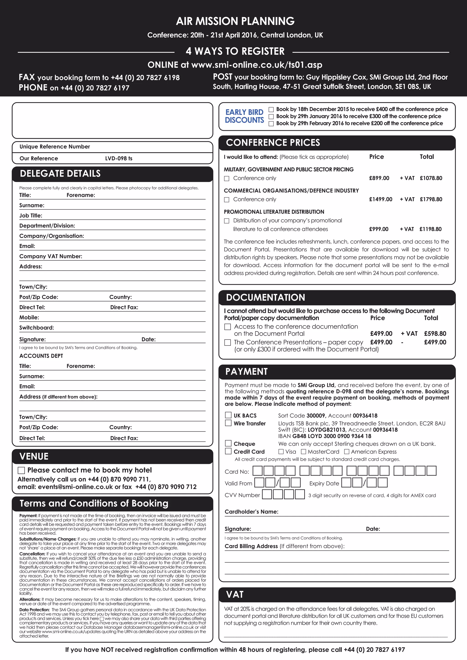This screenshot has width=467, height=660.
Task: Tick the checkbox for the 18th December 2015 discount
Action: pyautogui.click(x=271, y=110)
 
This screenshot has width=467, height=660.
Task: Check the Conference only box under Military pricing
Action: pyautogui.click(x=227, y=178)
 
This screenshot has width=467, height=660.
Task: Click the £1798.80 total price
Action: pyautogui.click(x=431, y=199)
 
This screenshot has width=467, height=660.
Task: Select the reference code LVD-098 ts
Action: pyautogui.click(x=119, y=158)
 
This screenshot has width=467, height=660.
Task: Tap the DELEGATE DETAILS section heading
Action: pyautogui.click(x=60, y=174)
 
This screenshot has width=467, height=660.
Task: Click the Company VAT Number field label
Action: pyautogui.click(x=51, y=256)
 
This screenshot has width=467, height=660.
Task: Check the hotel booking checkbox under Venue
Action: pyautogui.click(x=21, y=470)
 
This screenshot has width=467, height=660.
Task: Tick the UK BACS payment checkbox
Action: pyautogui.click(x=228, y=415)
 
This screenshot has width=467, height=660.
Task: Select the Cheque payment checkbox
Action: pyautogui.click(x=228, y=443)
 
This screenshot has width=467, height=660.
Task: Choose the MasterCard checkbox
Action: pyautogui.click(x=303, y=452)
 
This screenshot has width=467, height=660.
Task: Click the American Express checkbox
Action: pyautogui.click(x=347, y=452)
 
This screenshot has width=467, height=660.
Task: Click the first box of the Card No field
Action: pyautogui.click(x=257, y=471)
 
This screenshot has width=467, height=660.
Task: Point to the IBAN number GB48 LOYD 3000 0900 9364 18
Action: pyautogui.click(x=332, y=436)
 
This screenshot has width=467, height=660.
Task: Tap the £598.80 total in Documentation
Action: pyautogui.click(x=435, y=333)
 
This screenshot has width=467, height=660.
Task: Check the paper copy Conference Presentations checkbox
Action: pyautogui.click(x=228, y=342)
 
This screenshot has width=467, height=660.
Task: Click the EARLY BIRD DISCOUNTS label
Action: pyautogui.click(x=244, y=116)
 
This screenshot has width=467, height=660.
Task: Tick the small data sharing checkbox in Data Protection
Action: pyautogui.click(x=101, y=619)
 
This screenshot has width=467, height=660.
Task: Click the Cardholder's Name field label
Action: pyautogui.click(x=251, y=512)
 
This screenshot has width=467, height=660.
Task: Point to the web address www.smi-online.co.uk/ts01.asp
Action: pyautogui.click(x=257, y=65)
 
